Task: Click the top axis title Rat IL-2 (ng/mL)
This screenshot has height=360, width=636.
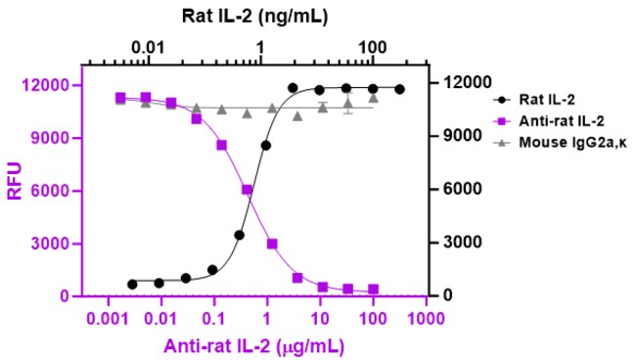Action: (254, 17)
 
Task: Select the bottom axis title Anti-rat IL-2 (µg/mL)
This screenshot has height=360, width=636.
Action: (254, 346)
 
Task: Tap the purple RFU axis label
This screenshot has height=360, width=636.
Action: (15, 181)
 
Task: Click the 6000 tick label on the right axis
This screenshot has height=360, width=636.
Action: (463, 189)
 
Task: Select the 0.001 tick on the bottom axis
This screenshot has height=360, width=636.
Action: (108, 319)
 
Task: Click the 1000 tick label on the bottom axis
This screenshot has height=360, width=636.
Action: (426, 319)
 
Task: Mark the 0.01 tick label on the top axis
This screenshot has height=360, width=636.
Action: (148, 48)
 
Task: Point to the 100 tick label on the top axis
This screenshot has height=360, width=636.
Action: (373, 48)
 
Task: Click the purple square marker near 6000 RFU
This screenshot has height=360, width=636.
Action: (247, 190)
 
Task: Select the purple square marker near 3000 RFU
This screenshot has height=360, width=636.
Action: (272, 244)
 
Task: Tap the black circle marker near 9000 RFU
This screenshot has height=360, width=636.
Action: (266, 146)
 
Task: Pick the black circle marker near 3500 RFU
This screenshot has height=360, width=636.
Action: (239, 235)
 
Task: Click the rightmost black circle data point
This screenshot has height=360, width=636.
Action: (399, 89)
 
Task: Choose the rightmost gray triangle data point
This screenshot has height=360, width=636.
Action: (374, 98)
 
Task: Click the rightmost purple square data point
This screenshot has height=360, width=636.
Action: (373, 289)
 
